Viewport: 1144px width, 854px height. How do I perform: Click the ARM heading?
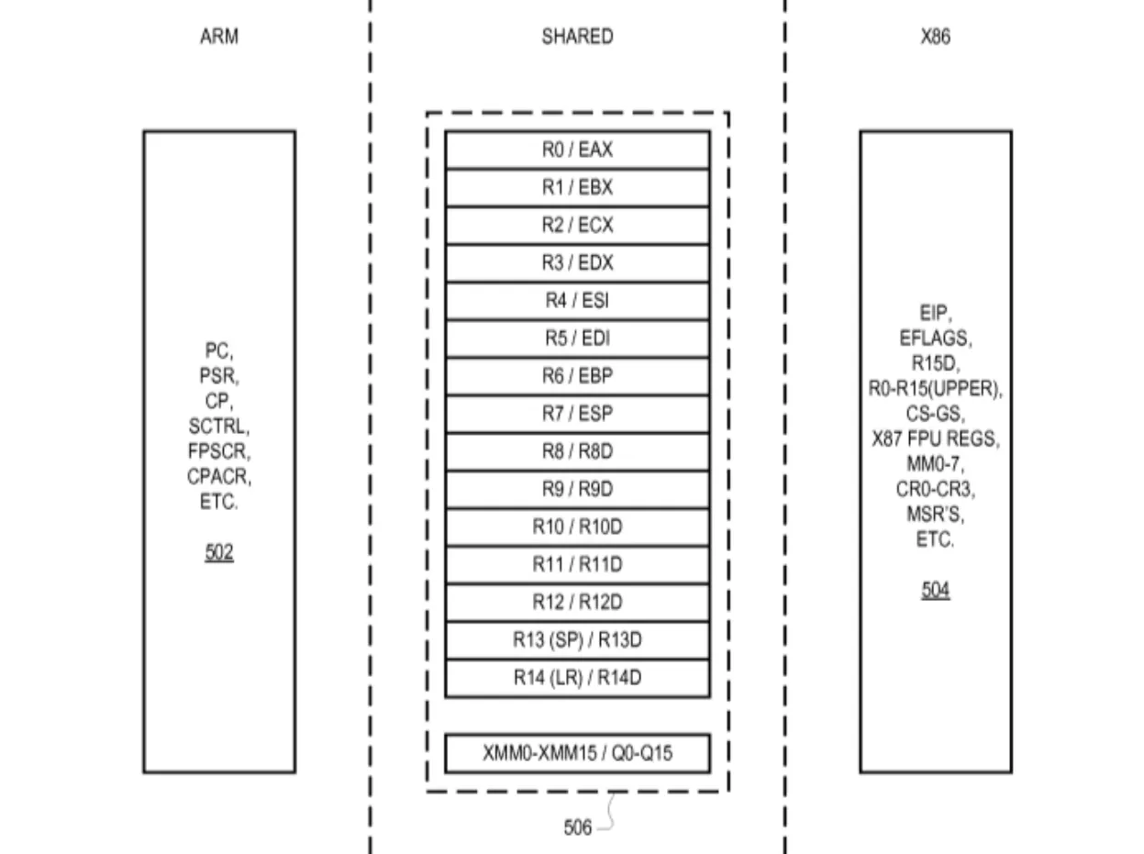coord(218,38)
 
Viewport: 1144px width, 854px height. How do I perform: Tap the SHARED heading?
coord(577,38)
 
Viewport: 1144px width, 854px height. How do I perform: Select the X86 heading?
coord(935,38)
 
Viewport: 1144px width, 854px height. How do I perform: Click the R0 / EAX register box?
coord(577,150)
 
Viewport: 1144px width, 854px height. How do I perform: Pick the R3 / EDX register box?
coord(577,263)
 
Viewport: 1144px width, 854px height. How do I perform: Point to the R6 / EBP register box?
coord(577,376)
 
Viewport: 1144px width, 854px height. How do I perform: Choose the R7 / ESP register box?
coord(577,414)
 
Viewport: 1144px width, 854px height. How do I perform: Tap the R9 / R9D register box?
coord(577,490)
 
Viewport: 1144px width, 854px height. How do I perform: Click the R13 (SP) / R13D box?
coord(577,640)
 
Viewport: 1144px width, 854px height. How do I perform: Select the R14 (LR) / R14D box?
coord(577,679)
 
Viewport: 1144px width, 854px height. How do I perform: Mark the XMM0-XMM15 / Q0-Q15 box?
coord(577,754)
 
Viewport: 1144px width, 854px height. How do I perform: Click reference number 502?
coord(218,553)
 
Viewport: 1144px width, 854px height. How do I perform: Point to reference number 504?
coord(935,591)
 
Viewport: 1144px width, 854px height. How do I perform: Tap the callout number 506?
coord(577,827)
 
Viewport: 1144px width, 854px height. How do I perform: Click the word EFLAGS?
coord(935,338)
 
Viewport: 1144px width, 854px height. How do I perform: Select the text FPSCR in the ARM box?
coord(218,452)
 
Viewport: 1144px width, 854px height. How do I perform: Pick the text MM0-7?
coord(935,464)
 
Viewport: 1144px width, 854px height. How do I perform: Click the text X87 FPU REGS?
coord(935,439)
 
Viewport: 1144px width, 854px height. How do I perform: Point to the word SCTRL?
coord(218,427)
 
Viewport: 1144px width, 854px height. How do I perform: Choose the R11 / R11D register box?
coord(577,565)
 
